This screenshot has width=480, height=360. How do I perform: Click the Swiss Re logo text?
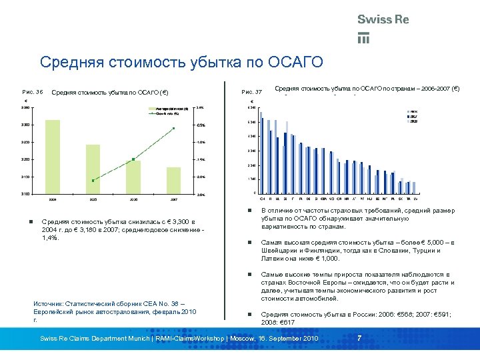point(383,19)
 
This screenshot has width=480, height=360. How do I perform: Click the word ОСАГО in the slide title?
point(295,63)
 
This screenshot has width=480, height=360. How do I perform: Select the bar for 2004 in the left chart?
point(53,157)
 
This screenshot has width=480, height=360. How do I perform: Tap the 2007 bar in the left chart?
point(173,180)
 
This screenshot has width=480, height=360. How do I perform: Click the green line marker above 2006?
point(133,159)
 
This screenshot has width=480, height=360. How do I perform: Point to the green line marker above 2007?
point(173,128)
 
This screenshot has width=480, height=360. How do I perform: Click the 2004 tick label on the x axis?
point(53,199)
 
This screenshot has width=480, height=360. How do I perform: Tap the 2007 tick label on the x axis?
point(173,199)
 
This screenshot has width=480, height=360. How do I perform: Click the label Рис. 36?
point(32,91)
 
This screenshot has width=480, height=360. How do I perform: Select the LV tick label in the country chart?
point(416,198)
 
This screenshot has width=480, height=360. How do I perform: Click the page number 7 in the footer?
point(359,338)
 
